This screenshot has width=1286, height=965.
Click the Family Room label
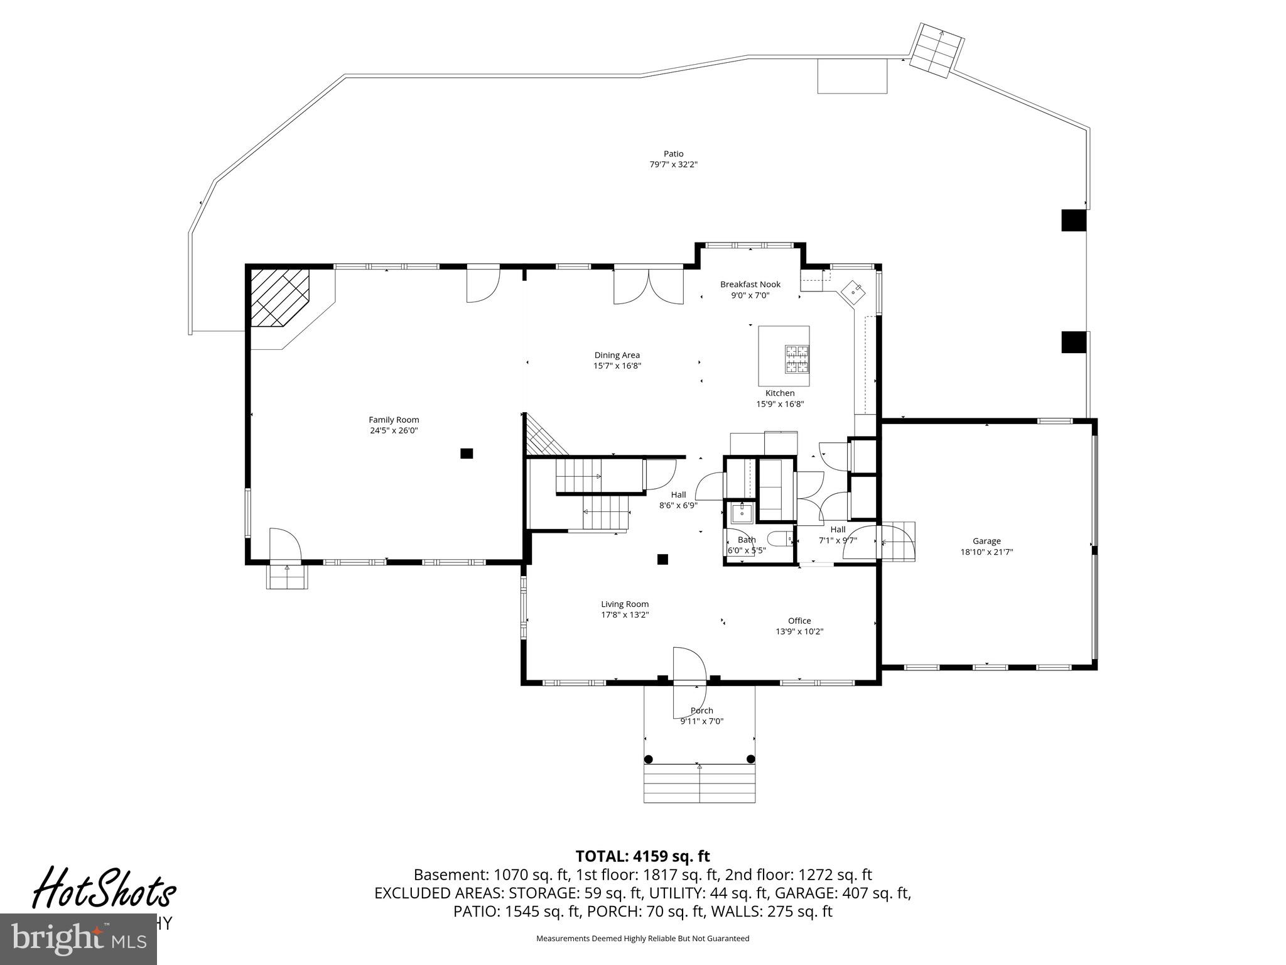(x=394, y=420)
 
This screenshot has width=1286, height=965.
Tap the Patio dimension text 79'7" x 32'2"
(x=673, y=165)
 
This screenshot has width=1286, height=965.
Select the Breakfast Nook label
(x=750, y=285)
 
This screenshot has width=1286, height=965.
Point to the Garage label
(x=986, y=541)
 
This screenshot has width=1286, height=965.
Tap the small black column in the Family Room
(x=467, y=453)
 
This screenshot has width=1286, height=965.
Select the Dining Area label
(x=617, y=355)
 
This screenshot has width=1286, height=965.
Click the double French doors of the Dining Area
(x=649, y=286)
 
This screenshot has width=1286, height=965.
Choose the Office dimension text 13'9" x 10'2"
(x=799, y=631)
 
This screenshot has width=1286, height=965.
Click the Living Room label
(x=624, y=604)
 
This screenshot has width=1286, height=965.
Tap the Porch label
(x=701, y=711)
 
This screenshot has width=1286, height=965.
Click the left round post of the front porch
(x=649, y=759)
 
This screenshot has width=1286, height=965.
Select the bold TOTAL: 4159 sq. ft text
(x=642, y=856)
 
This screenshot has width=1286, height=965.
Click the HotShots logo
(x=104, y=888)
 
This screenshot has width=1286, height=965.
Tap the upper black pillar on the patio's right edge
(x=1073, y=221)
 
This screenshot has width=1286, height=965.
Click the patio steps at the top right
(x=937, y=50)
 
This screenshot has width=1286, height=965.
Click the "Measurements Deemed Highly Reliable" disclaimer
(x=642, y=939)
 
